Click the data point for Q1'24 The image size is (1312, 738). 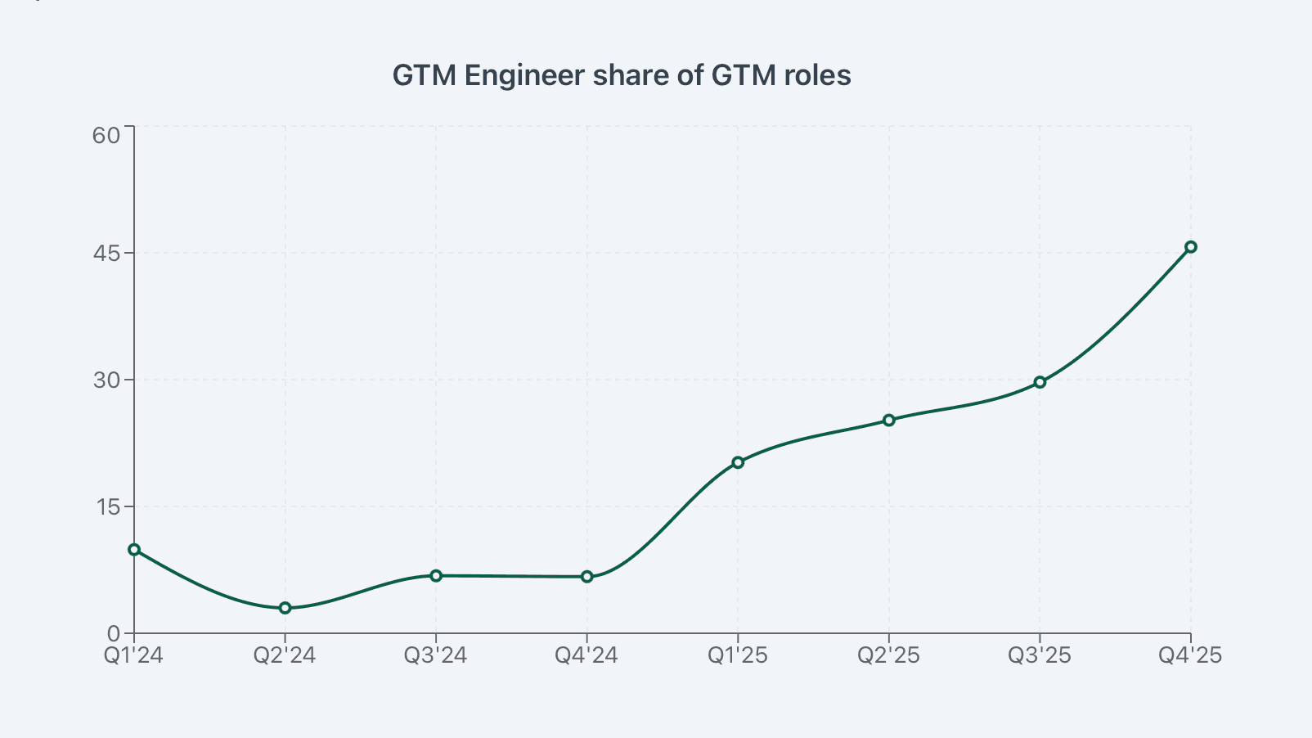[134, 550]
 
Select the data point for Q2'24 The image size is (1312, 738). [285, 608]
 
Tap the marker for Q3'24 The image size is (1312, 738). [436, 576]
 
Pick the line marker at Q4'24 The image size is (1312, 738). [587, 577]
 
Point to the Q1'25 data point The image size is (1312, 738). [738, 462]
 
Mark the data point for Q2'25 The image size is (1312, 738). [889, 421]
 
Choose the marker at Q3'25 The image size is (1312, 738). [1040, 382]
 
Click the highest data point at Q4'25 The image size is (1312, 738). [1191, 247]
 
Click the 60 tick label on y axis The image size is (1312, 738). [106, 136]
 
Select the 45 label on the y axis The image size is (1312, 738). [106, 254]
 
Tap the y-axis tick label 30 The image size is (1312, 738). [106, 380]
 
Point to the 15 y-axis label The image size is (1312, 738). [106, 507]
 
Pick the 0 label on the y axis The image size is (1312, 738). [113, 634]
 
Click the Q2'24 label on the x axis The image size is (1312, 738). [285, 656]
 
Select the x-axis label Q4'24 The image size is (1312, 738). [586, 656]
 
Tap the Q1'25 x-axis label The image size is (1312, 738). [738, 656]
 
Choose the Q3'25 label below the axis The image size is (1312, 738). [1040, 656]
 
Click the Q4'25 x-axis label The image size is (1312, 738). [1190, 656]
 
